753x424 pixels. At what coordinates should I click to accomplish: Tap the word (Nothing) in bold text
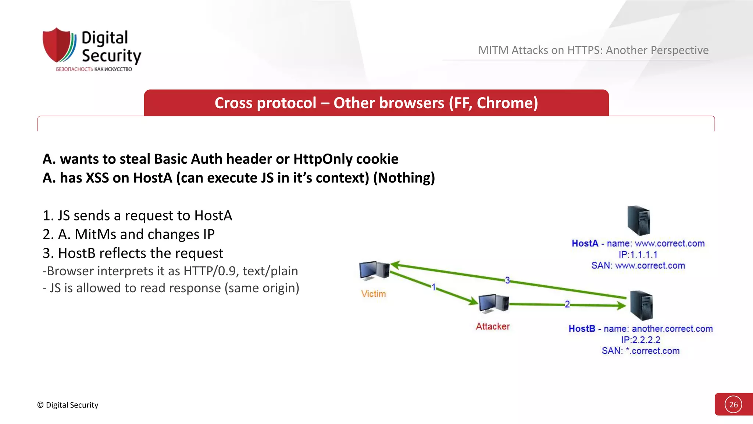(404, 178)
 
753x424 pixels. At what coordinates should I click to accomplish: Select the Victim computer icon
(374, 271)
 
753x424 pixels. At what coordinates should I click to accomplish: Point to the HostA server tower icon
(639, 220)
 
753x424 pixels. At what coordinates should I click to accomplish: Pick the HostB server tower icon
(641, 305)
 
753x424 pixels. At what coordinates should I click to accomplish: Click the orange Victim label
(373, 294)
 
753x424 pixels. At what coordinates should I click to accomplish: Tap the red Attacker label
(493, 326)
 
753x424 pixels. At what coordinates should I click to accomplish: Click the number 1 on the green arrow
(433, 287)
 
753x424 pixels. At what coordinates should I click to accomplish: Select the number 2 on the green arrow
(567, 304)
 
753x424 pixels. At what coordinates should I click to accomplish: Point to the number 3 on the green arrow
(507, 280)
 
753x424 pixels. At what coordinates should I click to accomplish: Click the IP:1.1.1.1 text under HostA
(638, 254)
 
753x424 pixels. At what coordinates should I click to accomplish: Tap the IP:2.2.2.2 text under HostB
(640, 340)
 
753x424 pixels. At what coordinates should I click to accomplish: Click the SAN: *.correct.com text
(640, 351)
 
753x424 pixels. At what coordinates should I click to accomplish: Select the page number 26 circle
(733, 404)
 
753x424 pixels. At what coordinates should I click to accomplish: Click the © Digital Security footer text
(68, 405)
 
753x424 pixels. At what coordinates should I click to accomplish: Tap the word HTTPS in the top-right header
(585, 50)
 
